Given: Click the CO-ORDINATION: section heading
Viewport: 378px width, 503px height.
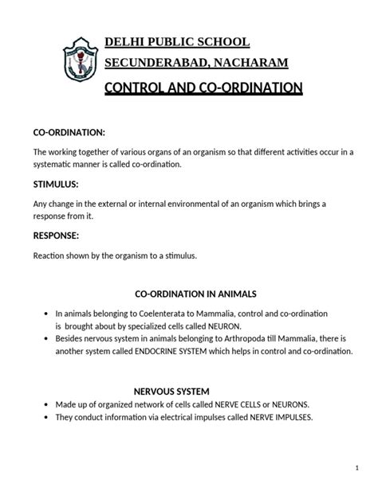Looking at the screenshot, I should click(69, 131).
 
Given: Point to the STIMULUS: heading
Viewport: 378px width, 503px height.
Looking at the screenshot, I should click(59, 183).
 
